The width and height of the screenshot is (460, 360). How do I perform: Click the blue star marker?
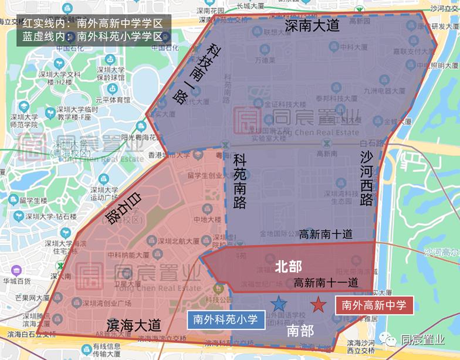click(279, 304)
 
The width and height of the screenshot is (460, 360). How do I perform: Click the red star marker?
click(318, 304)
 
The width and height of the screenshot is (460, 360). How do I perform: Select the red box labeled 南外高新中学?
click(374, 305)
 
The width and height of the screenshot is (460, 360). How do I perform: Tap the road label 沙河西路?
click(367, 177)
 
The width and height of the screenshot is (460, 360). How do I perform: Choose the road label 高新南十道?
click(326, 234)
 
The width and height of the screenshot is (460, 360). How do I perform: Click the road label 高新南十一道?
click(326, 282)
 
